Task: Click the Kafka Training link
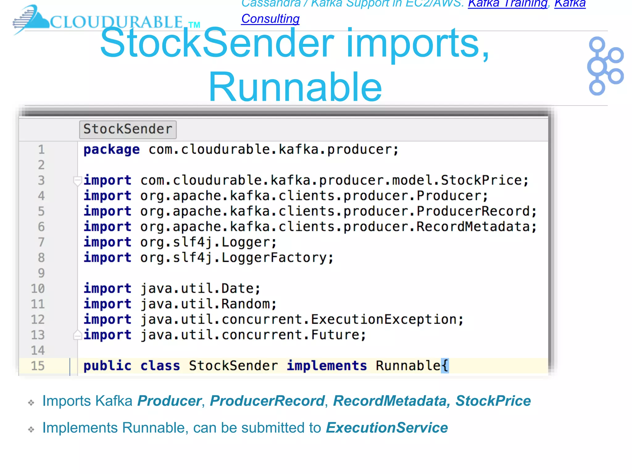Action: pyautogui.click(x=507, y=4)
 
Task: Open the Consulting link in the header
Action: pyautogui.click(x=270, y=19)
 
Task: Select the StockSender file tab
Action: pyautogui.click(x=128, y=129)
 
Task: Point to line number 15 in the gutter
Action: pyautogui.click(x=38, y=366)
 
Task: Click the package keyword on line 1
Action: pyautogui.click(x=111, y=150)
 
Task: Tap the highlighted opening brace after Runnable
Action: pyautogui.click(x=445, y=366)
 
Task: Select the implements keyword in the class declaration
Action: pyautogui.click(x=327, y=366)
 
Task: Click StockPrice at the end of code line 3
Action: pyautogui.click(x=481, y=181)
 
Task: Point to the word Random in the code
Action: pyautogui.click(x=245, y=304)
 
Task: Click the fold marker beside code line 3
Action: pyautogui.click(x=77, y=181)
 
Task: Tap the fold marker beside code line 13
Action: pyautogui.click(x=77, y=335)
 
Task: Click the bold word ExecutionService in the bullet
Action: pyautogui.click(x=387, y=428)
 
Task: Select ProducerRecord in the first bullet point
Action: pyautogui.click(x=267, y=401)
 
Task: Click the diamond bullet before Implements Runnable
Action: pyautogui.click(x=31, y=430)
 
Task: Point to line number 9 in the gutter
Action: pyautogui.click(x=41, y=273)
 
